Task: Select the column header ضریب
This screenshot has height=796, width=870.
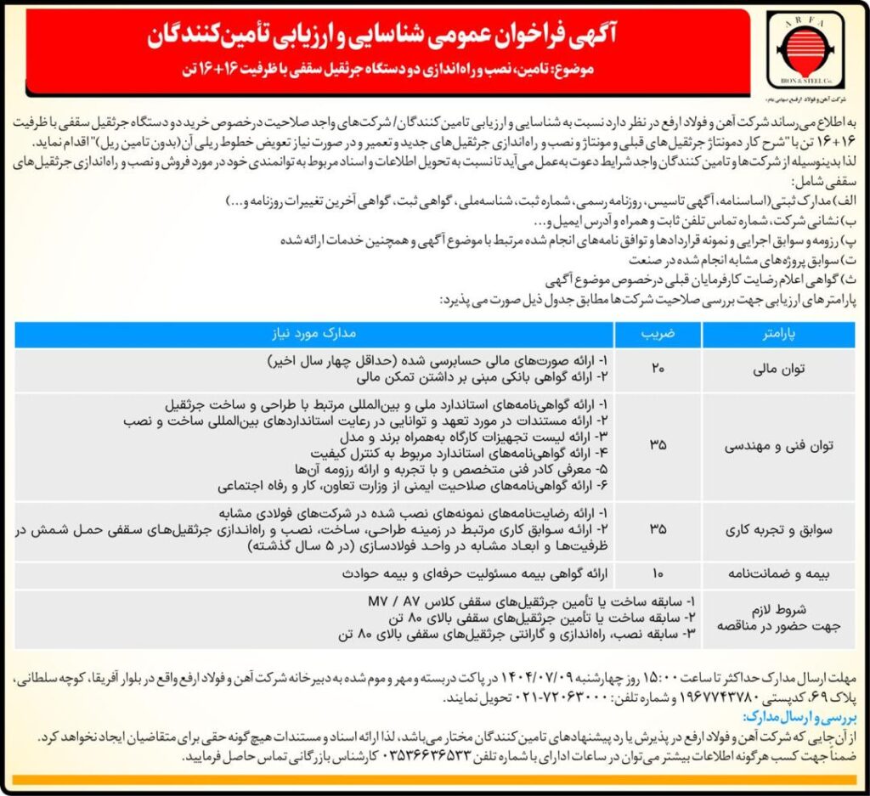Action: pyautogui.click(x=658, y=335)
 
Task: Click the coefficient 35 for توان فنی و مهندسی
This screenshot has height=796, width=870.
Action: pyautogui.click(x=658, y=444)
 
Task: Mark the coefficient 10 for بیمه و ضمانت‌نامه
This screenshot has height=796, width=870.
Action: pyautogui.click(x=658, y=573)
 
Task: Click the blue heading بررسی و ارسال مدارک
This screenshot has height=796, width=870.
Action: pyautogui.click(x=803, y=716)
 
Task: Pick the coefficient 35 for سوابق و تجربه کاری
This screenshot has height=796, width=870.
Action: pyautogui.click(x=658, y=530)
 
